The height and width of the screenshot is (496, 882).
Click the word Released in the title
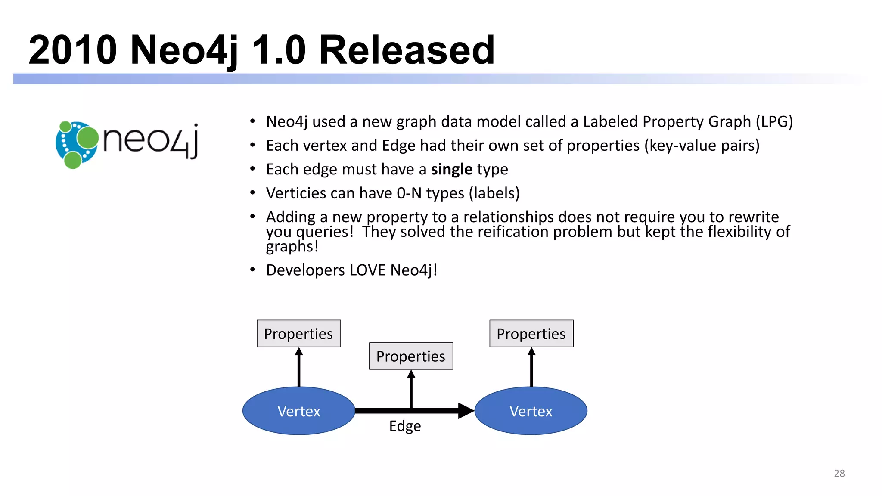pos(407,50)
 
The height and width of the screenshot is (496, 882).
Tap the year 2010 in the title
pos(72,50)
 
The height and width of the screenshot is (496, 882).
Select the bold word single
pos(451,169)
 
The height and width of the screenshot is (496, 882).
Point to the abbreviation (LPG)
pos(774,122)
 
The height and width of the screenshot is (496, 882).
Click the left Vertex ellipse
pos(298,411)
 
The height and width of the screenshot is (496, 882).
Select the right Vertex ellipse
pos(531,411)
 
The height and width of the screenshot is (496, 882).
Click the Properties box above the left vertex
pos(298,334)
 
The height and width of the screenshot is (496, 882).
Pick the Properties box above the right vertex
pos(531,334)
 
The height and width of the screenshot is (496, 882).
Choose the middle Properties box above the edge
pos(411,356)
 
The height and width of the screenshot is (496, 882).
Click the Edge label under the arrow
pos(405,426)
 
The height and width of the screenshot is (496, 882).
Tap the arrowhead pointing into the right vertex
pos(466,411)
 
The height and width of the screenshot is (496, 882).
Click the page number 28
pos(839,473)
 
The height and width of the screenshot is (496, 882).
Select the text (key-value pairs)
pos(702,146)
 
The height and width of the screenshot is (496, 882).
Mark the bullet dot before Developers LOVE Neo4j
pos(253,270)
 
